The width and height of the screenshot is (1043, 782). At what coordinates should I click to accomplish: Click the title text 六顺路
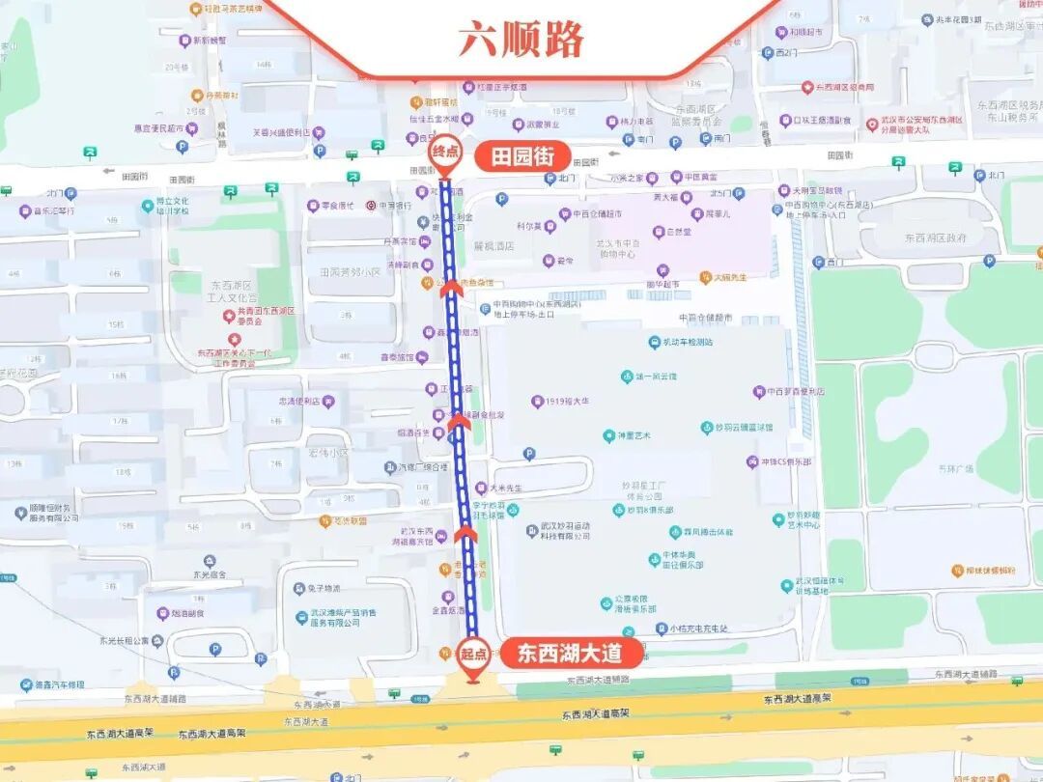[x=521, y=40]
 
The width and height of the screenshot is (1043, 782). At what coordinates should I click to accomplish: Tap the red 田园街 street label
[x=522, y=155]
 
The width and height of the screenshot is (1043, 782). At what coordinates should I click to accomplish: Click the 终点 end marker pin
[x=445, y=155]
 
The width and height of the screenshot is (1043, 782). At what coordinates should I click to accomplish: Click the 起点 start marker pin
[x=472, y=656]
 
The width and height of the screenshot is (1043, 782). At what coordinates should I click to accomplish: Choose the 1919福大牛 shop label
[x=567, y=402]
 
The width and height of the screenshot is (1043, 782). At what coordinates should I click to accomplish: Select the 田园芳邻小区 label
[x=344, y=272]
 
